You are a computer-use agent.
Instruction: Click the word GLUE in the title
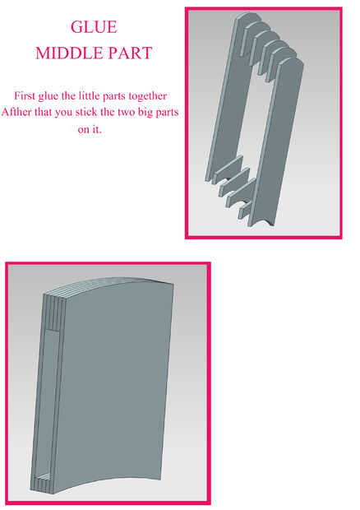tap(94, 27)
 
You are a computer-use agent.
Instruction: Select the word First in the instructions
tap(25, 96)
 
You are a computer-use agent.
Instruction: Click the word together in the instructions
tap(148, 96)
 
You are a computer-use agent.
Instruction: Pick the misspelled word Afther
tap(16, 112)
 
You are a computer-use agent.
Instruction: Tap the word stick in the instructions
tap(86, 112)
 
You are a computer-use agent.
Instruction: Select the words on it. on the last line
tap(90, 129)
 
